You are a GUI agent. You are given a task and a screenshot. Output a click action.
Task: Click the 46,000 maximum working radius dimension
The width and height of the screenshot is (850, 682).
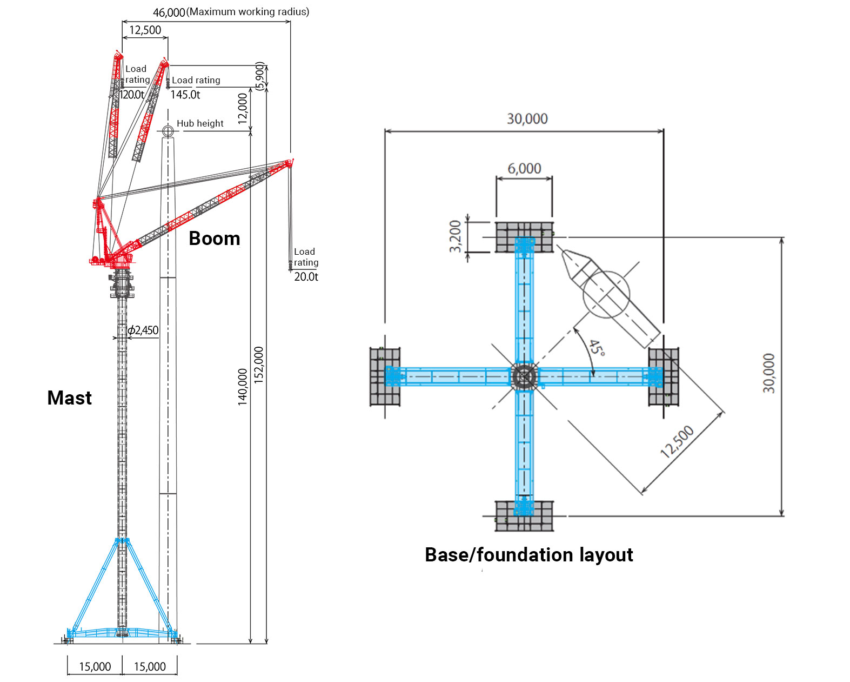[x=169, y=12]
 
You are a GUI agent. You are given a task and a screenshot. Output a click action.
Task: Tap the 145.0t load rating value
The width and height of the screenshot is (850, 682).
[x=185, y=95]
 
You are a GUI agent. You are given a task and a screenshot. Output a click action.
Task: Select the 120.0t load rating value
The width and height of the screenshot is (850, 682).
[x=132, y=95]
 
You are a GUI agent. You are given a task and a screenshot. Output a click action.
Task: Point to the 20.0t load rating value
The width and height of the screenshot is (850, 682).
[x=306, y=276]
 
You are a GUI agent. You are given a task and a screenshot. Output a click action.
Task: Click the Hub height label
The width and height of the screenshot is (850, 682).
[x=200, y=123]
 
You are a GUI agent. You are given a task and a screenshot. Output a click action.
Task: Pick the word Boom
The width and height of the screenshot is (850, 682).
[x=215, y=239]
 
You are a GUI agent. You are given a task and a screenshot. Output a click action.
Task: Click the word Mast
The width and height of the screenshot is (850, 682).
[x=69, y=398]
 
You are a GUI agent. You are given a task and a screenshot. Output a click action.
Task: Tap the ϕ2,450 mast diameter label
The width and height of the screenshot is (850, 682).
[x=143, y=330]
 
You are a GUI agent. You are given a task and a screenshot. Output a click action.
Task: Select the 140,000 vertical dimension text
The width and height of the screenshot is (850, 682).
[x=243, y=386]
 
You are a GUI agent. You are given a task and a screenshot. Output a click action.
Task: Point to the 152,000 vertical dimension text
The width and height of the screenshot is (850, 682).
[x=259, y=365]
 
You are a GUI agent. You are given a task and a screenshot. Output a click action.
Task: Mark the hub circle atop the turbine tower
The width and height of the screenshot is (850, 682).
[x=168, y=130]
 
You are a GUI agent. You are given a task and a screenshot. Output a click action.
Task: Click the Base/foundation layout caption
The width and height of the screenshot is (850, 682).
[x=528, y=555]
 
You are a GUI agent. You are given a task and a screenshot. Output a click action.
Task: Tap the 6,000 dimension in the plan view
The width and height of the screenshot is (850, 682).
[x=524, y=169]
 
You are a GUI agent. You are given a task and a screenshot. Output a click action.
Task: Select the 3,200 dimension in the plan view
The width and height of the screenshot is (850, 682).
[x=456, y=236]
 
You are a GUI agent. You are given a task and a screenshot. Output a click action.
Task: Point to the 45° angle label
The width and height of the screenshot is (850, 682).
[x=597, y=348]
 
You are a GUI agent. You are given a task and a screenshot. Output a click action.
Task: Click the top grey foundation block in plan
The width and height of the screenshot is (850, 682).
[x=524, y=237]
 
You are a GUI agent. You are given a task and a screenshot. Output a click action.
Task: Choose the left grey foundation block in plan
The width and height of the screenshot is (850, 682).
[x=385, y=376]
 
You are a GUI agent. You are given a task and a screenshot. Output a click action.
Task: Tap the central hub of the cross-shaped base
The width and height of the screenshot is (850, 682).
[x=524, y=376]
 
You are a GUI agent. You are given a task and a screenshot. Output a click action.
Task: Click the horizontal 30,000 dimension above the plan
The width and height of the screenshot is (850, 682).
[x=527, y=119]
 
